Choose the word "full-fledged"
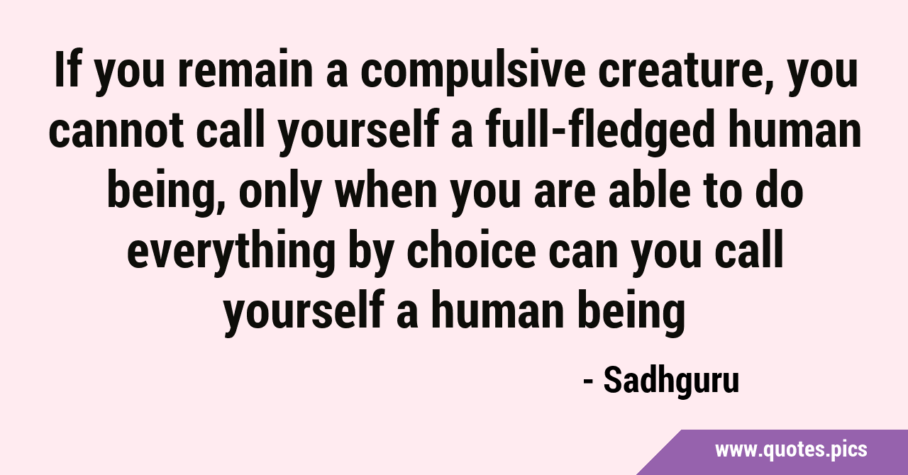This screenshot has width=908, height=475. tap(600, 133)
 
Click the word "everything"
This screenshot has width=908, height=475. tap(231, 255)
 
